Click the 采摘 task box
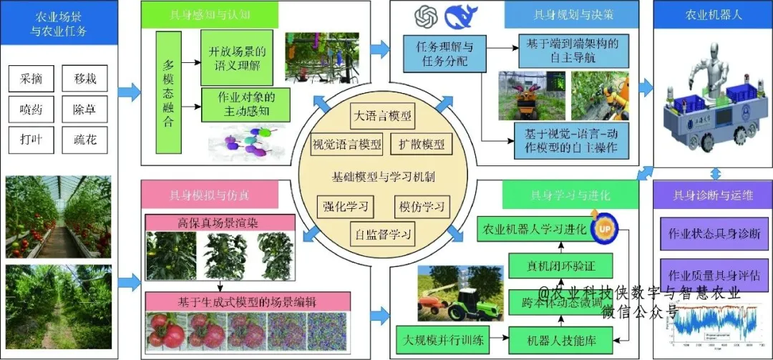pyautogui.click(x=31, y=79)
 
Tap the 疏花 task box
pyautogui.click(x=84, y=139)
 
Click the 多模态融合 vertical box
pyautogui.click(x=168, y=93)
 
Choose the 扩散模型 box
pyautogui.click(x=422, y=145)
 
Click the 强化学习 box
pyautogui.click(x=345, y=208)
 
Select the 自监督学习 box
pyautogui.click(x=383, y=233)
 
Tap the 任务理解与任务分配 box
pyautogui.click(x=435, y=54)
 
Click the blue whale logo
pyautogui.click(x=461, y=17)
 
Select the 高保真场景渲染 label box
pyautogui.click(x=220, y=223)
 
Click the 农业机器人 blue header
pyautogui.click(x=713, y=14)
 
